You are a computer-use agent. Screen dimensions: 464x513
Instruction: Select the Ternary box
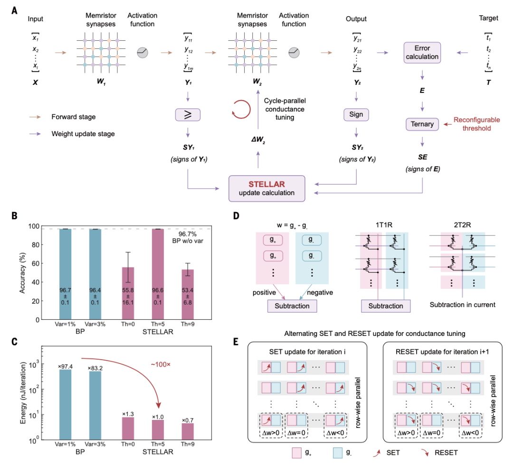click(422, 124)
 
